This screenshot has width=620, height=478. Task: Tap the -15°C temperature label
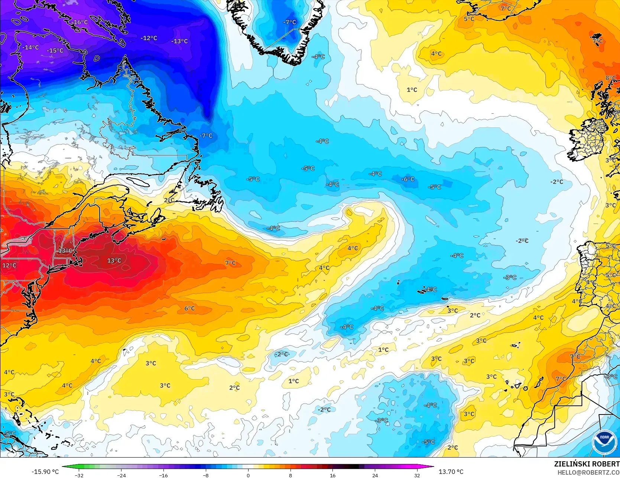click(x=55, y=51)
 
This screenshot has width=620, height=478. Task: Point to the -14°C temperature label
click(x=30, y=47)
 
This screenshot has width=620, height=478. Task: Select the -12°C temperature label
click(x=149, y=38)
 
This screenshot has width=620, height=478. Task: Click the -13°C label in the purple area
click(x=180, y=41)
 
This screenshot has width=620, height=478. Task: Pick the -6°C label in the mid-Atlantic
click(x=408, y=179)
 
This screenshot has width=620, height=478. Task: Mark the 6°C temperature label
click(x=189, y=308)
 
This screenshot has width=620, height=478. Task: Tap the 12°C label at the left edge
click(x=9, y=265)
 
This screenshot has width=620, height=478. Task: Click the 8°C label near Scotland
click(x=611, y=78)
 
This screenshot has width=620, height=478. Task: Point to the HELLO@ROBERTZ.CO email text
click(x=589, y=472)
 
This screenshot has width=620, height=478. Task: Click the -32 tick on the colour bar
click(x=79, y=475)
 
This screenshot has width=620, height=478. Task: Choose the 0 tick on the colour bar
click(x=248, y=475)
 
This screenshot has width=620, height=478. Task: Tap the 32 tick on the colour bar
click(x=417, y=475)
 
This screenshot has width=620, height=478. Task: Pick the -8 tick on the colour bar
click(x=206, y=475)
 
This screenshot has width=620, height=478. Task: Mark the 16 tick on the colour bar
click(x=332, y=475)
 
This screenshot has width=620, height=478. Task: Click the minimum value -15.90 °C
click(x=45, y=472)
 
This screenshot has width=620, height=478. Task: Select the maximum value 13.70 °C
click(x=451, y=472)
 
